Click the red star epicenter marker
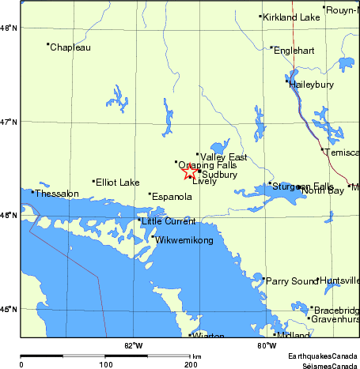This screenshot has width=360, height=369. point(190,171)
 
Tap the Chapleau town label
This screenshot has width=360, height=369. point(70,48)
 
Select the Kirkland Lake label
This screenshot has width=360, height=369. point(291,17)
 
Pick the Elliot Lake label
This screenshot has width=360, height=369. point(117,183)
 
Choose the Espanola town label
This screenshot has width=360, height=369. point(172,196)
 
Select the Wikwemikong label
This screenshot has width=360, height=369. point(184,240)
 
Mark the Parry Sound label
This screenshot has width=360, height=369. point(292,281)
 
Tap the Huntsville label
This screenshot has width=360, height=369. point(339,281)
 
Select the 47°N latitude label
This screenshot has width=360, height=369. point(9,121)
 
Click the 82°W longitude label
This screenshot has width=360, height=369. point(134,345)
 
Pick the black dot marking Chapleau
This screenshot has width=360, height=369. point(48,44)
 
